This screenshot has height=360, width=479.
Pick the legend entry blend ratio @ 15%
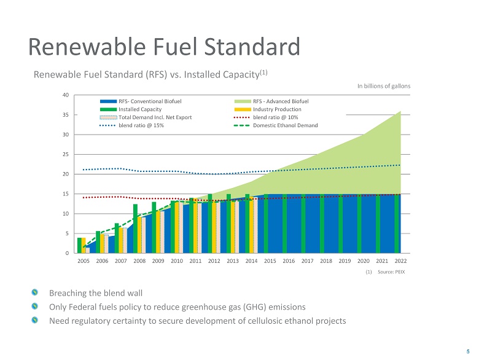click(141, 125)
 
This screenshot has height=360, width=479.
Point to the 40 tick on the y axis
click(65, 95)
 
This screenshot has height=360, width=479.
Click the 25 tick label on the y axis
click(65, 154)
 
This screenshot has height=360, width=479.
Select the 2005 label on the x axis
click(84, 261)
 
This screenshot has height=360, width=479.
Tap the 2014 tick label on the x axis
click(251, 261)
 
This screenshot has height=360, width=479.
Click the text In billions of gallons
click(384, 86)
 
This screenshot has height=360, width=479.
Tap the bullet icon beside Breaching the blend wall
click(36, 293)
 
